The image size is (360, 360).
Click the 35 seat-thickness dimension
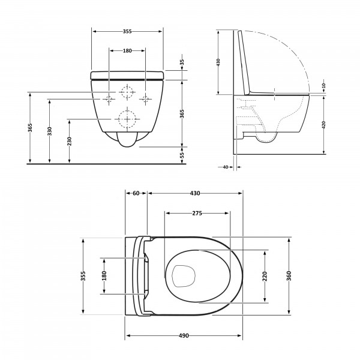pyautogui.click(x=182, y=62)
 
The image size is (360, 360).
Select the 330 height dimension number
pyautogui.click(x=50, y=131)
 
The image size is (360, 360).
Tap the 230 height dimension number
pyautogui.click(x=70, y=141)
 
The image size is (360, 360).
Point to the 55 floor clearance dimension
pyautogui.click(x=182, y=155)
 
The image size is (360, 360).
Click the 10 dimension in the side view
pyautogui.click(x=324, y=86)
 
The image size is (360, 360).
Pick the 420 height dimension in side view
pyautogui.click(x=324, y=125)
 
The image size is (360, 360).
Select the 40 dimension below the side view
pyautogui.click(x=226, y=167)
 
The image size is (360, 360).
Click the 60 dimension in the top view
pyautogui.click(x=136, y=193)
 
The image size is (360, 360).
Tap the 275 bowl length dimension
pyautogui.click(x=197, y=213)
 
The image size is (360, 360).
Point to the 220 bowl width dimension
pyautogui.click(x=265, y=276)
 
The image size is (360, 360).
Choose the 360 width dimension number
pyautogui.click(x=289, y=276)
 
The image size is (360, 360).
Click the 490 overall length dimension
pyautogui.click(x=184, y=335)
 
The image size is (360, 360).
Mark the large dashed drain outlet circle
pyautogui.click(x=127, y=119)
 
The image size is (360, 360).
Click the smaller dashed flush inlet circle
pyautogui.click(x=127, y=92)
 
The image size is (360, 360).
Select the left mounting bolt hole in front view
pyautogui.click(x=109, y=99)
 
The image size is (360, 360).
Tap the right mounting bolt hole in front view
pyautogui.click(x=145, y=99)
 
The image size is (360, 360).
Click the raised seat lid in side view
pyautogui.click(x=244, y=62)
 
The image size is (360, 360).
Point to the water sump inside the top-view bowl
pyautogui.click(x=184, y=276)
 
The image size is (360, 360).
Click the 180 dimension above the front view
pyautogui.click(x=127, y=50)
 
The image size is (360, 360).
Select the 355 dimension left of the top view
pyautogui.click(x=83, y=276)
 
